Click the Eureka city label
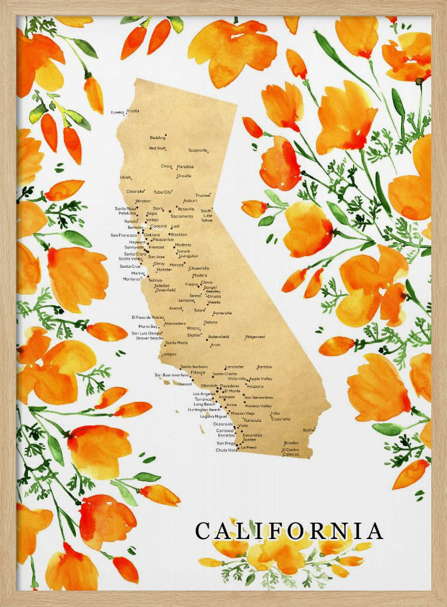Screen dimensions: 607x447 click(x=117, y=112)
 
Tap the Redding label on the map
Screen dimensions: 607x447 click(x=157, y=137)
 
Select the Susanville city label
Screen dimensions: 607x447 click(x=198, y=150)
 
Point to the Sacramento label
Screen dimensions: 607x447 click(x=181, y=216)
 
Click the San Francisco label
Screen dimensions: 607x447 click(x=123, y=235)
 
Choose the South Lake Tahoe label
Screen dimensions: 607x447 click(x=207, y=215)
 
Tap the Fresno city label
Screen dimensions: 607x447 click(x=192, y=283)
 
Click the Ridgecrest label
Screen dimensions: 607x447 click(x=255, y=336)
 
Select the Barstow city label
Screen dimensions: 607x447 click(x=264, y=367)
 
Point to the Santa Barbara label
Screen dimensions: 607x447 click(x=193, y=367)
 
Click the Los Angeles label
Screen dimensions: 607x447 click(x=203, y=394)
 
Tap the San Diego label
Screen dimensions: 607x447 click(x=225, y=443)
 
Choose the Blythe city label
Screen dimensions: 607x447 click(x=309, y=430)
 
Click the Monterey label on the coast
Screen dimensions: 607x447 click(x=132, y=279)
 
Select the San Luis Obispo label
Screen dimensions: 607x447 click(x=147, y=333)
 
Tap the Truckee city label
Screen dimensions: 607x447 click(x=202, y=195)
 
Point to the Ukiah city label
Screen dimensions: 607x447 click(x=125, y=177)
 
